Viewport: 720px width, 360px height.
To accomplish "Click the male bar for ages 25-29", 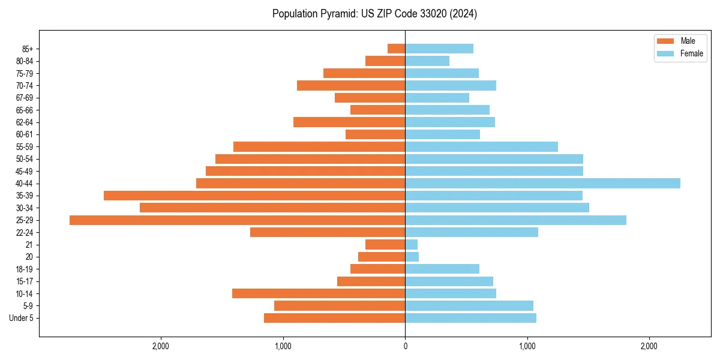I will [237, 220].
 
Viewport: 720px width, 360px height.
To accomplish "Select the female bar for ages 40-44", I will [542, 184].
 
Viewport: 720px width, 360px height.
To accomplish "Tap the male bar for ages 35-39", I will [254, 196].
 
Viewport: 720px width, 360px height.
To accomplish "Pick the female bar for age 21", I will [412, 245].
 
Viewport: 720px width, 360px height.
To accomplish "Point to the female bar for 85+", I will [439, 49].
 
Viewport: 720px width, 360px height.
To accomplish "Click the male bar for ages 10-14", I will [319, 293].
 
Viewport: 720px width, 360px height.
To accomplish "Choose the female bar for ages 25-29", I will [515, 220].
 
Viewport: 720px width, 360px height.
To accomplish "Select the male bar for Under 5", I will [334, 318].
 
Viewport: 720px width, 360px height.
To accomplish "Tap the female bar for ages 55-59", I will [481, 147].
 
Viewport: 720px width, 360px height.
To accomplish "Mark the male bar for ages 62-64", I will [349, 122].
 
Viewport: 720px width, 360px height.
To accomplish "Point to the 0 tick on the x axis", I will [405, 346].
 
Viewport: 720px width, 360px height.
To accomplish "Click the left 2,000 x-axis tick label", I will [161, 346].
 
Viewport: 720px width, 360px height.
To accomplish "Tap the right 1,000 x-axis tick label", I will [527, 346].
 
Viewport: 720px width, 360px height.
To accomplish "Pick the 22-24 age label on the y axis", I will [24, 233].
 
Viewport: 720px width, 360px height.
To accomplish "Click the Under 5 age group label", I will [22, 318].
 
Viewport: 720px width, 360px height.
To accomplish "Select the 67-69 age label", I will [24, 98].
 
